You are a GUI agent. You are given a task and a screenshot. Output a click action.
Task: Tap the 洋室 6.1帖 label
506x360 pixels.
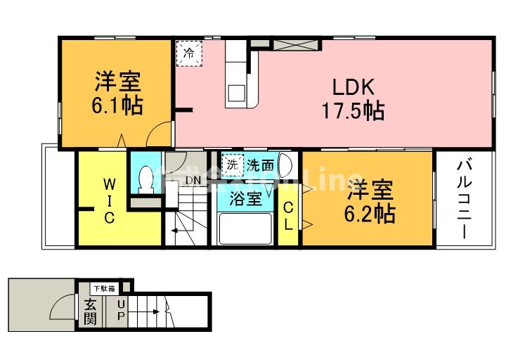(x=117, y=94)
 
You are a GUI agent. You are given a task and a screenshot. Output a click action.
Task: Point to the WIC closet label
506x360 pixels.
(x=110, y=200)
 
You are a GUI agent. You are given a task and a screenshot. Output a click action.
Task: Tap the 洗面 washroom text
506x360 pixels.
(x=259, y=165)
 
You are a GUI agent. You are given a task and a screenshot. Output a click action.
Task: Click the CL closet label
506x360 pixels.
(x=289, y=216)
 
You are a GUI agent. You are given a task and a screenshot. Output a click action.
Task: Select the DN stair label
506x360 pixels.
(x=193, y=180)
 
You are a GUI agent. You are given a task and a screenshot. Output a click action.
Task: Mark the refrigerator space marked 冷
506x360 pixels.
(x=188, y=52)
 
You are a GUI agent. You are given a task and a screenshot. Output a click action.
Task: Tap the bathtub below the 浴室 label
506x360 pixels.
(x=245, y=229)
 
